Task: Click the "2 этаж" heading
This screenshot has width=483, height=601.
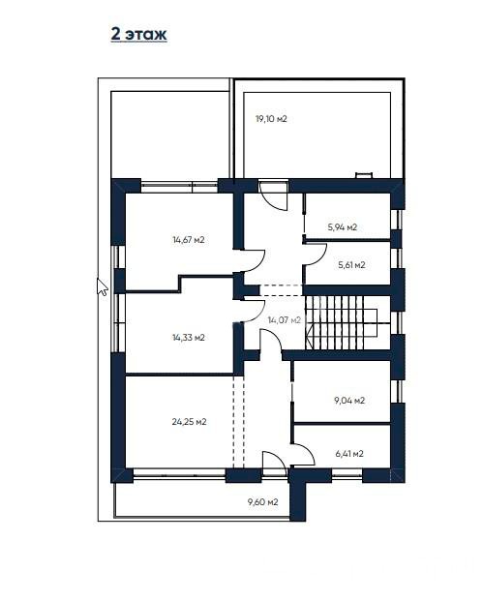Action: tap(138, 34)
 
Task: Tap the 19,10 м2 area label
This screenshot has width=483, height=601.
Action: tap(271, 119)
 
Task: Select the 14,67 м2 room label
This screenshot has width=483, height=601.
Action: tap(189, 240)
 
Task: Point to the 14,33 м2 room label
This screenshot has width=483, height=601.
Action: tap(189, 338)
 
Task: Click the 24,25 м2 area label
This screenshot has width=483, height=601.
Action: tap(190, 422)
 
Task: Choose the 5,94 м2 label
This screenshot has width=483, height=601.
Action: tap(343, 227)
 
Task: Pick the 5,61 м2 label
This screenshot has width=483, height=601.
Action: tap(351, 265)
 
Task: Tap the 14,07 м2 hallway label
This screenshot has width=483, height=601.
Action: tap(285, 320)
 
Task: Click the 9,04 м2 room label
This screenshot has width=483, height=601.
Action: tap(349, 401)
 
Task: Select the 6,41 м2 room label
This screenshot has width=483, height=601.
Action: tap(349, 454)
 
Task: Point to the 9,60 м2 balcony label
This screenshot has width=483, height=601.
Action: tap(263, 501)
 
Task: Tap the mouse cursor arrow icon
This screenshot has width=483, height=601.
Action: tap(102, 287)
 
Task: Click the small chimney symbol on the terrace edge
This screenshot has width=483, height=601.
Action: tap(364, 175)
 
